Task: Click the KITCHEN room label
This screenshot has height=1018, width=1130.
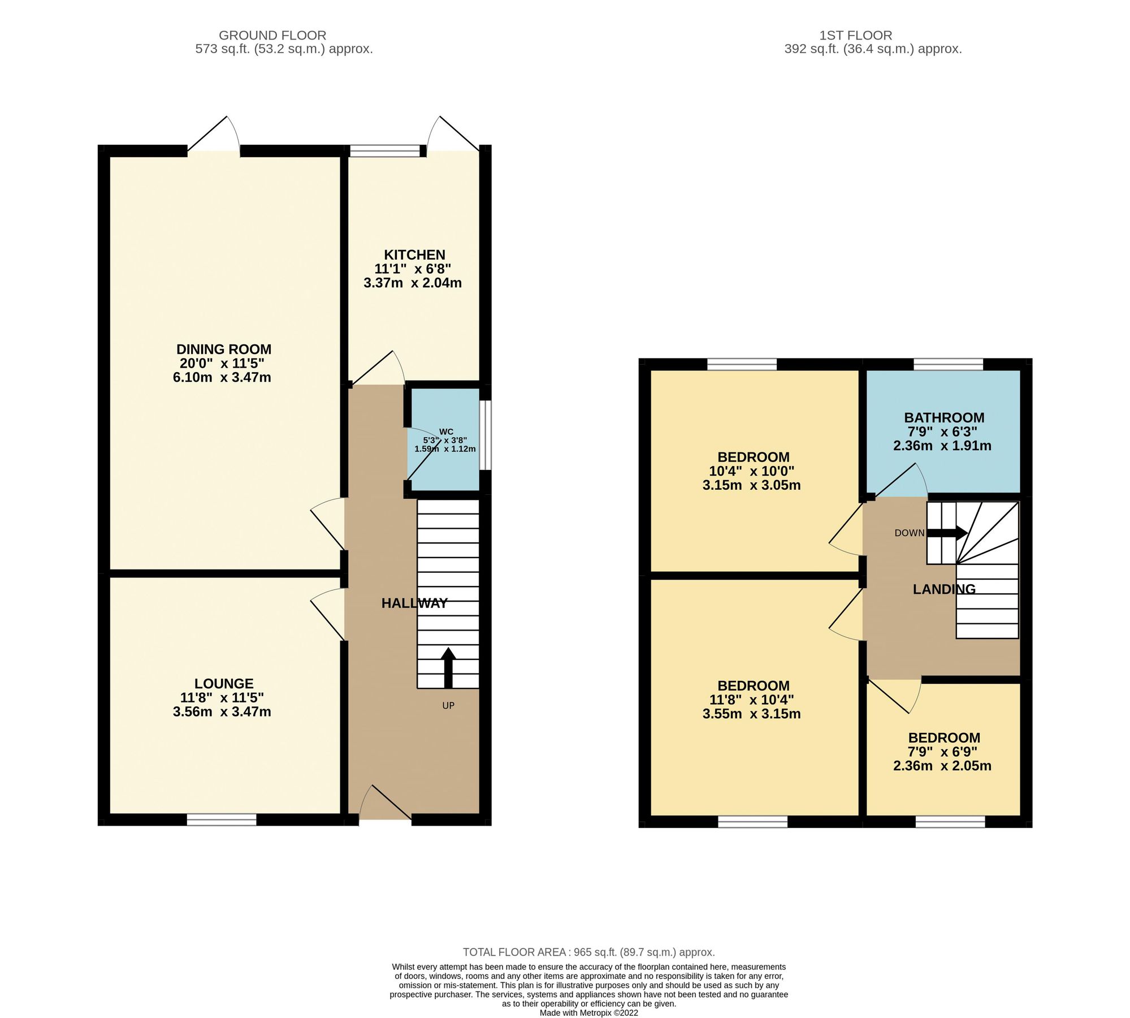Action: click(414, 255)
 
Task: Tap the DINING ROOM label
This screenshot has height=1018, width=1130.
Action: click(224, 350)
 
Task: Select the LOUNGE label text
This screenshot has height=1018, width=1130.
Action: click(224, 684)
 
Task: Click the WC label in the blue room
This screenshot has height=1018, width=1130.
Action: click(446, 432)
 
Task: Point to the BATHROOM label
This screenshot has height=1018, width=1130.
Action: click(944, 418)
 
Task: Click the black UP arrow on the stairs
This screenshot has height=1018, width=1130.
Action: click(448, 667)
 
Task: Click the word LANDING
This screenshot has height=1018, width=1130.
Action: click(944, 589)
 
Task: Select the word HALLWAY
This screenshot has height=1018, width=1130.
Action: click(414, 603)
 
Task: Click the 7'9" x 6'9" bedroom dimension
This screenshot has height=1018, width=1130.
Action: click(942, 752)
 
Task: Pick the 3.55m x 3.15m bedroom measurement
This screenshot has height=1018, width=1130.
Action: click(751, 714)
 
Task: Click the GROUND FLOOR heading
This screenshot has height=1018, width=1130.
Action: click(272, 35)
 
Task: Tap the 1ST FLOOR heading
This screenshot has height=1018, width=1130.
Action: click(855, 35)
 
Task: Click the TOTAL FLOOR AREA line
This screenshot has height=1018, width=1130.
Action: click(588, 952)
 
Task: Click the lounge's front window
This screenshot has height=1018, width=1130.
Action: click(222, 820)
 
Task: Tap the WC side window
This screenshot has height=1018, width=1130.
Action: click(486, 435)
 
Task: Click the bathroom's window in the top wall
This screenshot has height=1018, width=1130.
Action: click(948, 364)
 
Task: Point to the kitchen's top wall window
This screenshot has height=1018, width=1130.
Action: click(385, 150)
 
